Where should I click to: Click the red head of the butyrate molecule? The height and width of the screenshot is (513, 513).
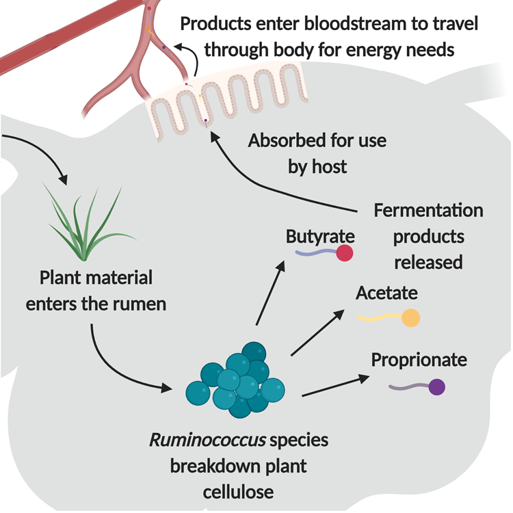(345, 254)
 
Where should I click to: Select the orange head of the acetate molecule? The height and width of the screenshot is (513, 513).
(410, 318)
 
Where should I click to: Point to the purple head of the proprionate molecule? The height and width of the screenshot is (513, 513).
(436, 387)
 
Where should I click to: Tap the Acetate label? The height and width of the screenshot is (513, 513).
(386, 293)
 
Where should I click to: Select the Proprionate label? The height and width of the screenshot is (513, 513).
(419, 360)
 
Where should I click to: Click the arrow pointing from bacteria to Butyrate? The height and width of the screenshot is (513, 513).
(269, 294)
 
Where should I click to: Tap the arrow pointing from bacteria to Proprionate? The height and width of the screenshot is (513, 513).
(331, 386)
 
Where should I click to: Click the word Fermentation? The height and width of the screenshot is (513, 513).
(428, 210)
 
